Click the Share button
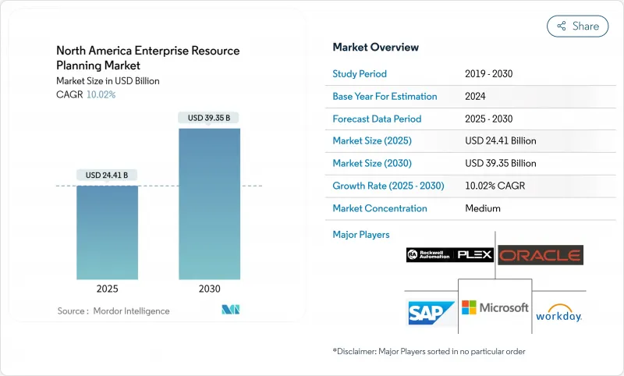(578, 26)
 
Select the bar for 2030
(209, 204)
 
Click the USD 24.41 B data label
(107, 175)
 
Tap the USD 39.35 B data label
(209, 118)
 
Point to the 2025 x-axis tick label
(107, 289)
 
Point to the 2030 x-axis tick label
(209, 289)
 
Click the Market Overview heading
(376, 47)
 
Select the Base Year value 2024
(477, 97)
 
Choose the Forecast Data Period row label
(377, 119)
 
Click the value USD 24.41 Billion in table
(500, 141)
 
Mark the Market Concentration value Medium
(482, 208)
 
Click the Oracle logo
(541, 255)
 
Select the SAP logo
(431, 313)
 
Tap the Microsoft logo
(495, 307)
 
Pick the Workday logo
(558, 313)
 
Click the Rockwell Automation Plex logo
(449, 255)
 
